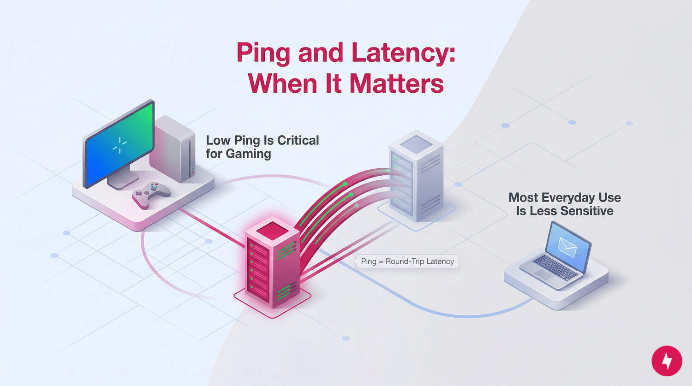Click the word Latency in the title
tap(406, 53)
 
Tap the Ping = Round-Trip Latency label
tap(407, 261)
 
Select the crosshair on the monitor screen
tap(120, 145)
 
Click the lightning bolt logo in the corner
tap(667, 361)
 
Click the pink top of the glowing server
tap(272, 230)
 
